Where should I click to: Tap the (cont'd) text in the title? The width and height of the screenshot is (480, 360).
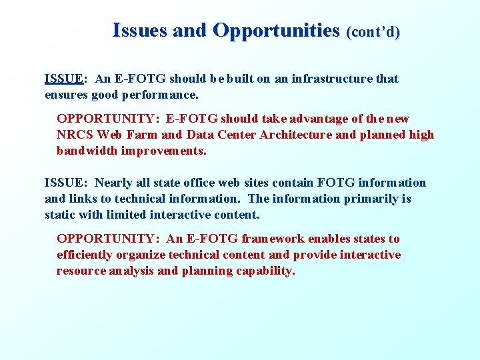373,32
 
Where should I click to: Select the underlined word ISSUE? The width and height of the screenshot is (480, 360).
63,79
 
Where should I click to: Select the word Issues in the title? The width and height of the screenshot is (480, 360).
140,31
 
